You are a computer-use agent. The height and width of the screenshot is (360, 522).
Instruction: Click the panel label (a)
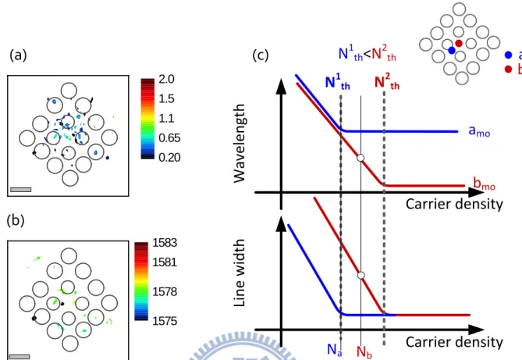coord(18,55)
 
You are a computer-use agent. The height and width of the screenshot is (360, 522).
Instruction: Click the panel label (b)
coord(16,220)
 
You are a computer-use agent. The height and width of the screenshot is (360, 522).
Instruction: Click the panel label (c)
coord(261,55)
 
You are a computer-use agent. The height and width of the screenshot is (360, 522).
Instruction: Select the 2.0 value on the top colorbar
coord(166,80)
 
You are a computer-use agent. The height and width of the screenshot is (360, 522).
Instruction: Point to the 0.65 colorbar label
coord(169,137)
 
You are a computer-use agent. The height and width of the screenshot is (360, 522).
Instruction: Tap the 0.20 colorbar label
coord(169,157)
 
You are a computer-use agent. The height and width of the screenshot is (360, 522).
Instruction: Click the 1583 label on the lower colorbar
coord(165,243)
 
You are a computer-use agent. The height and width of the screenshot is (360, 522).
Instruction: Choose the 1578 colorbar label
coord(165,291)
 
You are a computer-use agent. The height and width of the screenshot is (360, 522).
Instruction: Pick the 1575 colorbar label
coord(165,321)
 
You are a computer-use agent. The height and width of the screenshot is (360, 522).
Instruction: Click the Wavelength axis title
coord(240,144)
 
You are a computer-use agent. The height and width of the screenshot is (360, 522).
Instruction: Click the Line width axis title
coord(240,273)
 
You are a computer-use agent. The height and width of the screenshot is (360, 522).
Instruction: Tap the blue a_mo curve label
coord(479,131)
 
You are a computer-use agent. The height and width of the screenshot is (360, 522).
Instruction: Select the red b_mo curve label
coord(484,184)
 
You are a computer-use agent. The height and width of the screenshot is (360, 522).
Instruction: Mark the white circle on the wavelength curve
coord(360,158)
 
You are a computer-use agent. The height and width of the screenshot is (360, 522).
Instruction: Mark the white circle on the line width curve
coord(360,276)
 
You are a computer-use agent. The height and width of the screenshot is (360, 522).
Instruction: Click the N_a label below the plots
coord(334,350)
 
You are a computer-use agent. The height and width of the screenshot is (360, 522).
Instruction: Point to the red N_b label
coord(364,351)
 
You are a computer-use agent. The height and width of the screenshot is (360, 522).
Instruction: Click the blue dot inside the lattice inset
coord(452,50)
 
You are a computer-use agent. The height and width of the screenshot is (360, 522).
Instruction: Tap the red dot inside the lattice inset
coord(459,43)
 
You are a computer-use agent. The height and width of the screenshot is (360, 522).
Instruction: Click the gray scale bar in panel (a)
coord(20,190)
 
